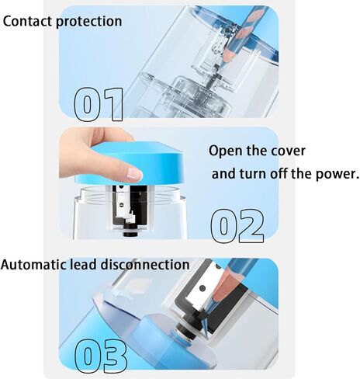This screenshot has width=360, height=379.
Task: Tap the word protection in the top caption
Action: click(x=88, y=22)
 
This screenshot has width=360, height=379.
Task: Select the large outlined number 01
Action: click(x=99, y=104)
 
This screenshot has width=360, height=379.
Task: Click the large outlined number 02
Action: click(x=237, y=225)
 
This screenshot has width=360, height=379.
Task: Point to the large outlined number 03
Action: click(x=101, y=355)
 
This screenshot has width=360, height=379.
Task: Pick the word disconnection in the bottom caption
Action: click(x=145, y=265)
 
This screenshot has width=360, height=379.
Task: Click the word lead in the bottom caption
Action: click(x=83, y=265)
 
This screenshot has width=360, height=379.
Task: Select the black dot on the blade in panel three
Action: click(x=202, y=288)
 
